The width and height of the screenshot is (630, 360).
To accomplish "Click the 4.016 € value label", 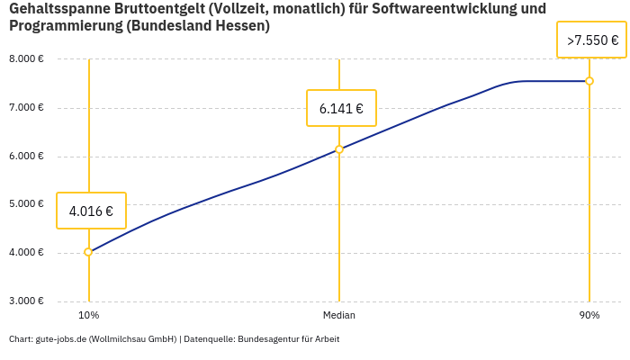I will click(91, 211).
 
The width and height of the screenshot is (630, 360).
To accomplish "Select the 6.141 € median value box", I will click(341, 109).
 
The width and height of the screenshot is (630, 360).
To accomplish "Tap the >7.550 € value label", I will click(591, 40).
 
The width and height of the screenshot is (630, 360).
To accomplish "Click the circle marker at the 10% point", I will click(88, 252).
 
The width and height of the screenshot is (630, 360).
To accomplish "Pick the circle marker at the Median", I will click(339, 149).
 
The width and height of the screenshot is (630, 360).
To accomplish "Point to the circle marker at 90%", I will click(589, 81).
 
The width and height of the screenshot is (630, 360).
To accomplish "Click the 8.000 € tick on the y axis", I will click(26, 59).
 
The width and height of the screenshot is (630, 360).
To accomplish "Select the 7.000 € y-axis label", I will click(26, 108).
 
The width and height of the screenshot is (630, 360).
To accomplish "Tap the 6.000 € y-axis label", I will click(26, 156).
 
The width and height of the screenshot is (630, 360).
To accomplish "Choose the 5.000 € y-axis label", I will click(26, 204).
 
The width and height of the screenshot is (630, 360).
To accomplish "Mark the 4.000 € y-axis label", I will click(26, 253).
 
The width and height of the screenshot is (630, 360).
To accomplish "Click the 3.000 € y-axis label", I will click(26, 301).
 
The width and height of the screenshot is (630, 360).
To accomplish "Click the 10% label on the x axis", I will click(88, 316).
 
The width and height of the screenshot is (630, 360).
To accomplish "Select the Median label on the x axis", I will click(339, 316).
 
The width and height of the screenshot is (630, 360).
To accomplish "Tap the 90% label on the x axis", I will click(589, 316).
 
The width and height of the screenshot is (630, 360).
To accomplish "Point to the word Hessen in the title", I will click(239, 26).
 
